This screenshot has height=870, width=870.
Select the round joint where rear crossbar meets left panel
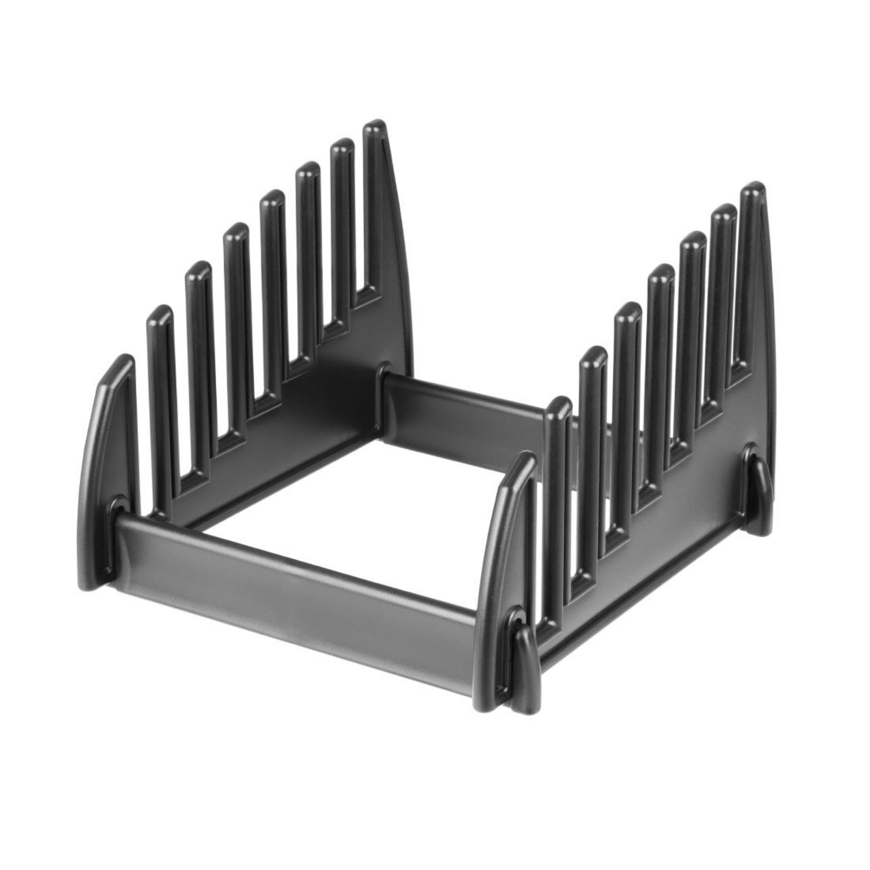click(384, 371)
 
